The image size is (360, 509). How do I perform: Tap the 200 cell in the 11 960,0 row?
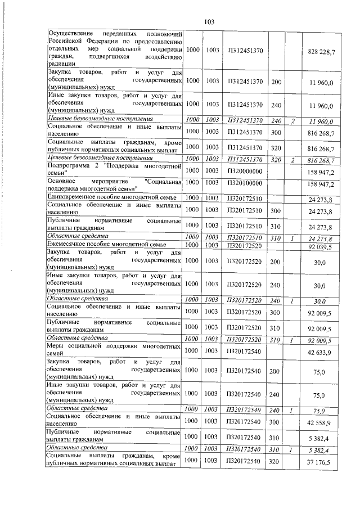[276, 82]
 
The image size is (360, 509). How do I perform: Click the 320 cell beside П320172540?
[276, 461]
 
